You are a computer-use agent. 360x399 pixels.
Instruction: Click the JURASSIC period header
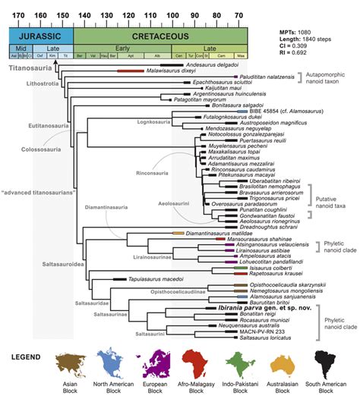tap(40, 35)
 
